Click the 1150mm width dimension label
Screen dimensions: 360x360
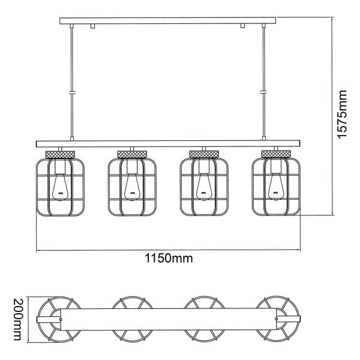click(x=169, y=258)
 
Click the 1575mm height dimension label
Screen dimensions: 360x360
click(x=342, y=114)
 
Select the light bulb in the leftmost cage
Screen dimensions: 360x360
click(x=60, y=187)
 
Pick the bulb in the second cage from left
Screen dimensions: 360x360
click(x=132, y=187)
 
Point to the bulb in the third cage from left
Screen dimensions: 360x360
click(x=204, y=187)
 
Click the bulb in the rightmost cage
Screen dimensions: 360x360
click(x=276, y=187)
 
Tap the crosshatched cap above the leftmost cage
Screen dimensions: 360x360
click(x=60, y=154)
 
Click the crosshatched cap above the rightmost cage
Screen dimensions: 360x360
click(x=276, y=154)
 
